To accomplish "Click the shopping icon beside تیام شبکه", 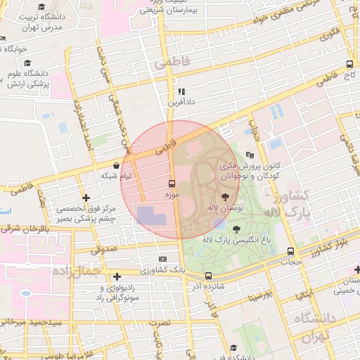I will pos(115,165).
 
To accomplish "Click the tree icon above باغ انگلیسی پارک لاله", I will pos(235,228).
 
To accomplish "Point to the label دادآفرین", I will pos(181,102).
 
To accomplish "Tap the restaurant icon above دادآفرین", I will pos(181,91).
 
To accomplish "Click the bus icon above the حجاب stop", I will pos(290,252).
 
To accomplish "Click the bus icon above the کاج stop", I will pos(349,64).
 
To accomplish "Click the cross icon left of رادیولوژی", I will pos(117,275).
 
